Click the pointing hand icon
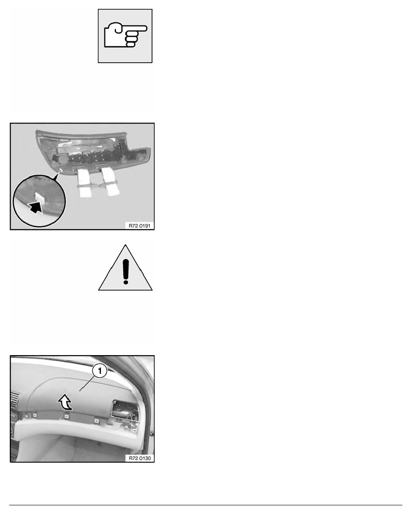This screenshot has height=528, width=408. click(125, 35)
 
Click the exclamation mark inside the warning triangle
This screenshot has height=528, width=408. click(126, 271)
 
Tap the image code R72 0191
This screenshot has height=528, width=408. click(140, 226)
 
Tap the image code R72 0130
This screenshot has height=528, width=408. click(140, 458)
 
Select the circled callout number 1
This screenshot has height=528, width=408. click(100, 372)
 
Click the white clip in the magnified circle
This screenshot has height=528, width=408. click(40, 198)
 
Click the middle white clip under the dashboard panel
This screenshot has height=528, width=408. click(67, 416)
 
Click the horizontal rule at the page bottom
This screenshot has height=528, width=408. click(205, 505)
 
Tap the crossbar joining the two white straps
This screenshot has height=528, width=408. click(97, 184)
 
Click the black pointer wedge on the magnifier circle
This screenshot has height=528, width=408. click(55, 176)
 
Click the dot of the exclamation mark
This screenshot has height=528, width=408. click(126, 281)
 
